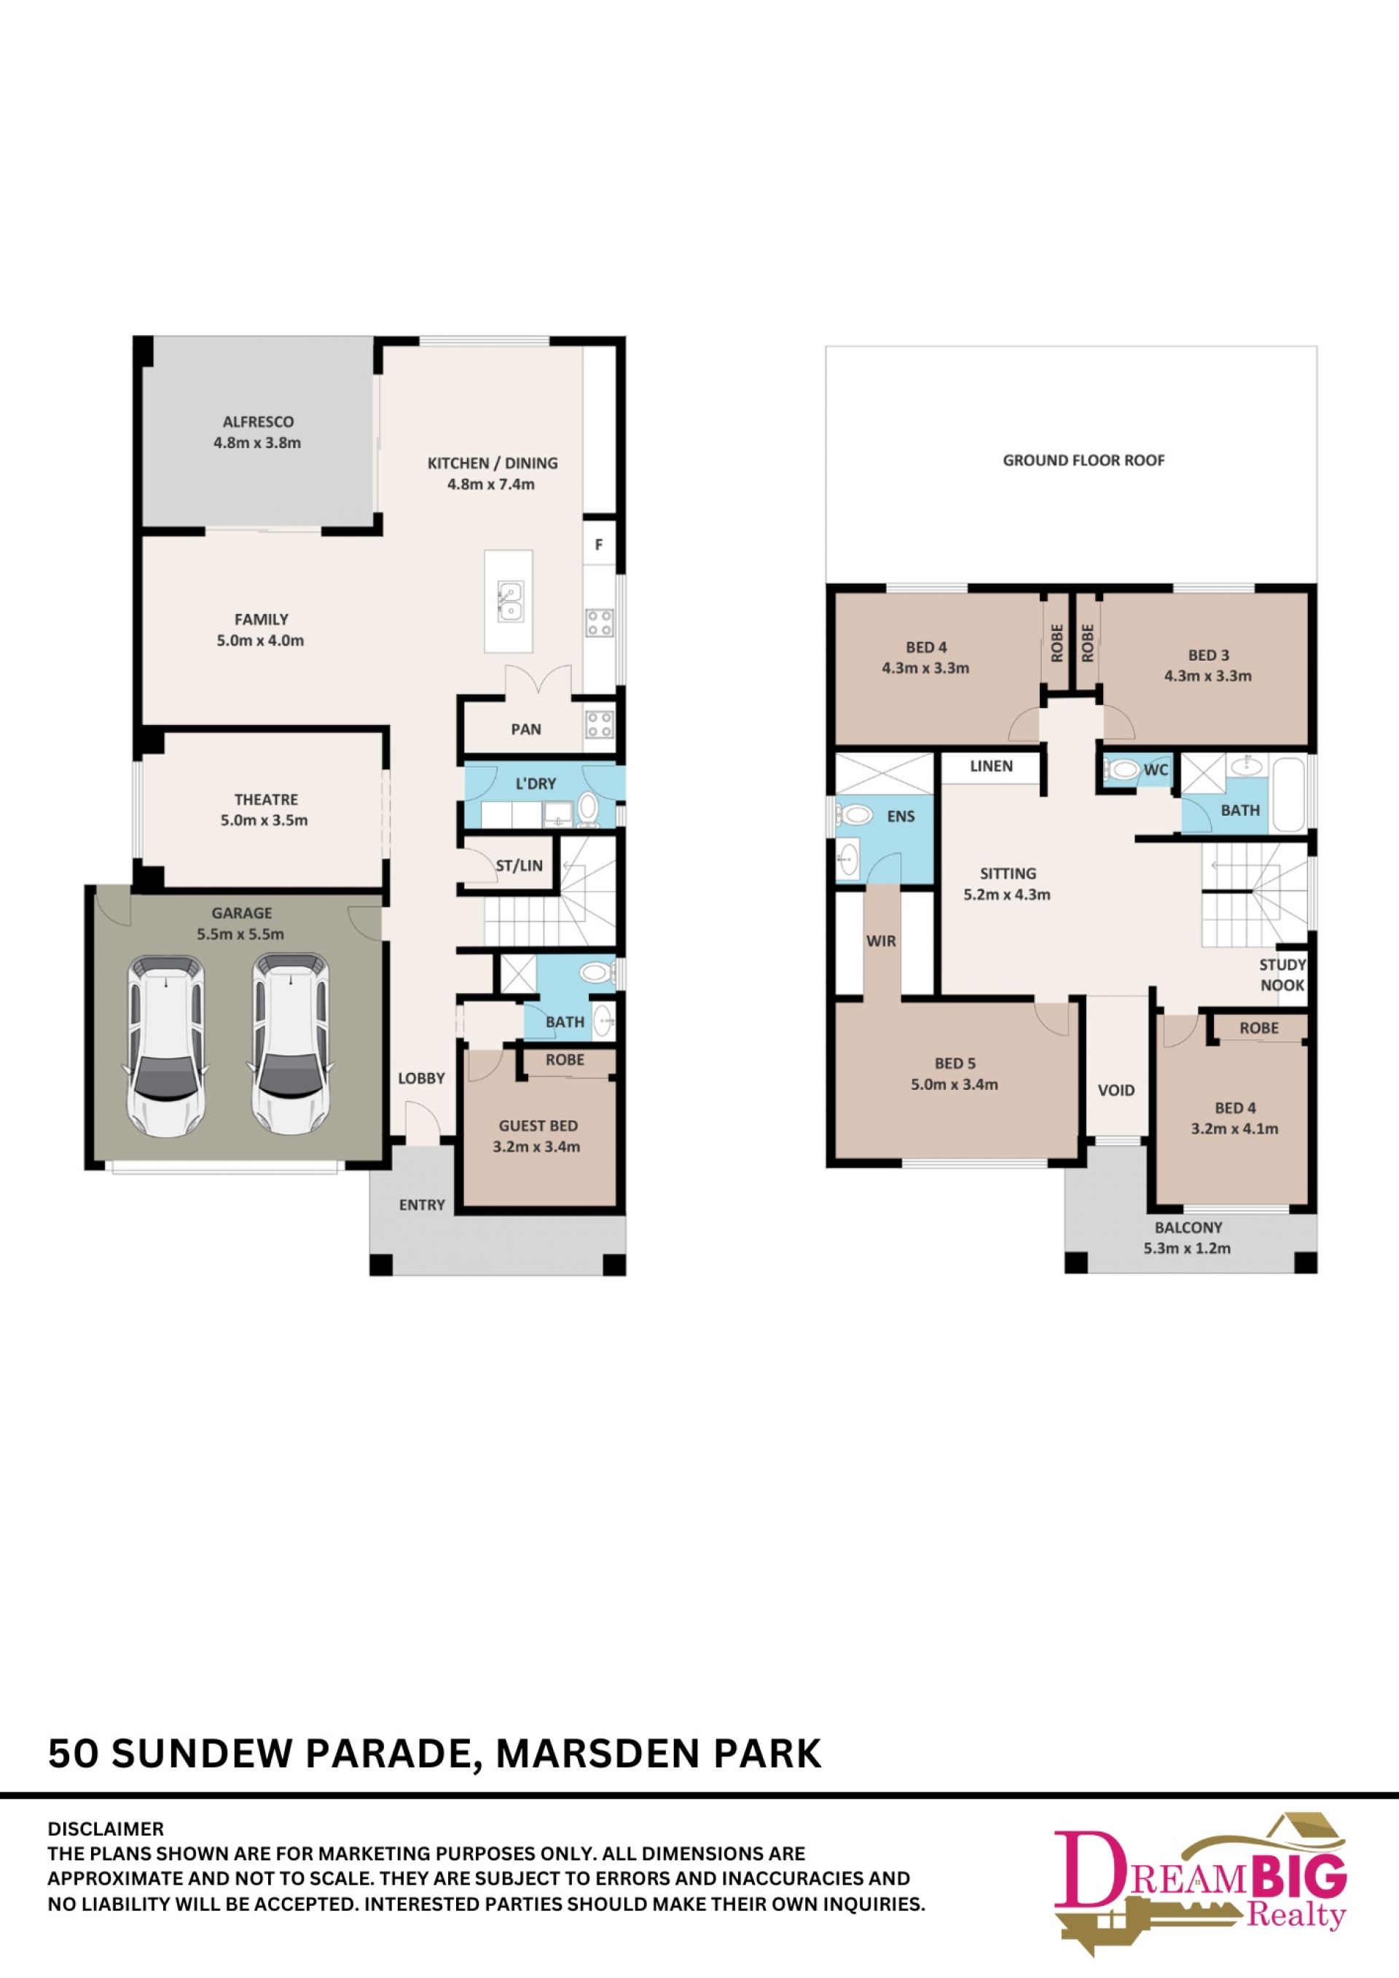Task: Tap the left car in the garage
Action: [167, 1046]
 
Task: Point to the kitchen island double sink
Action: [509, 601]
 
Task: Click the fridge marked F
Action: [599, 544]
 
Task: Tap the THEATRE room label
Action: [266, 799]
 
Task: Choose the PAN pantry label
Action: [526, 729]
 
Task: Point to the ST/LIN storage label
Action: [520, 865]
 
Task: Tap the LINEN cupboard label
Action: [992, 765]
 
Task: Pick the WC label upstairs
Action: [1156, 769]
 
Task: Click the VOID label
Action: [1116, 1090]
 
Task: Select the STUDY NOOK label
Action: [1282, 974]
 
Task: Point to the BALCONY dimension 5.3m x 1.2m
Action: [1187, 1247]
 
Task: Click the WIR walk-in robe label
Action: [881, 941]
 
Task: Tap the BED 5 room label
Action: [955, 1063]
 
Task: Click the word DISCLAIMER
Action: [105, 1828]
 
